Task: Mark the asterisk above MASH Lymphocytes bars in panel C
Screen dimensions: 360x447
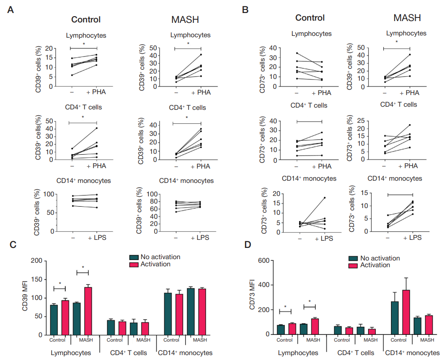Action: click(x=83, y=267)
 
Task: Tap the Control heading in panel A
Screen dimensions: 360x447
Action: click(x=86, y=20)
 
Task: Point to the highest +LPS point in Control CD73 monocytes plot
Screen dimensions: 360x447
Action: click(x=324, y=198)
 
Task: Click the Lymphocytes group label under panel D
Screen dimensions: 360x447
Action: click(x=298, y=353)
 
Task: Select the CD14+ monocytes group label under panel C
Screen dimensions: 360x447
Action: click(x=184, y=353)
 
